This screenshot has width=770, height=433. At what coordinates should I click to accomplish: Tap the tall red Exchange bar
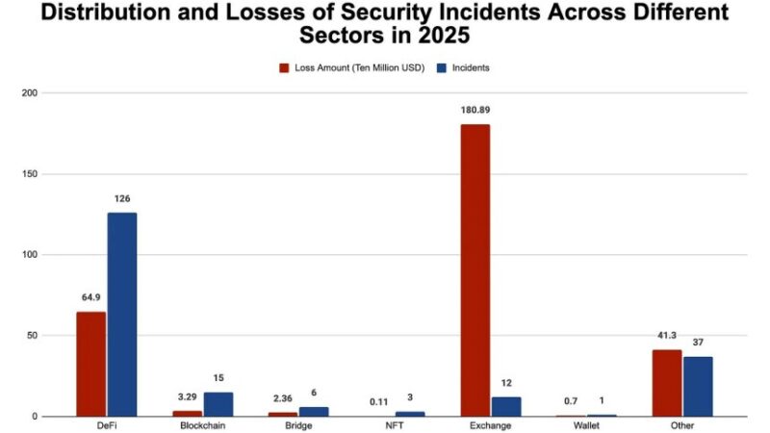coord(475,270)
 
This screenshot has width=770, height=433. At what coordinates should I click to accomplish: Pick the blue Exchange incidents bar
coord(505,406)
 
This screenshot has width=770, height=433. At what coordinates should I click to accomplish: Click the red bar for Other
coord(666,383)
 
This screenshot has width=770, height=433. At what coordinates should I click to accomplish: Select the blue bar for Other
coord(698,386)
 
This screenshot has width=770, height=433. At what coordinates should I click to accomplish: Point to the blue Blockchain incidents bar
coord(218,404)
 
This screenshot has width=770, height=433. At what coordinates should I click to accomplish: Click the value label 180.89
coord(475,110)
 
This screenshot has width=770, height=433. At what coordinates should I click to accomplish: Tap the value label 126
coord(122,198)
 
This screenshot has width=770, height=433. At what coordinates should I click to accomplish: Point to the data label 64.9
coord(91,297)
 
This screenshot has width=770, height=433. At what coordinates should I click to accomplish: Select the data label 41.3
coord(667,334)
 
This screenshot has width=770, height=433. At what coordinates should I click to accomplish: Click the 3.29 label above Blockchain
coord(188,395)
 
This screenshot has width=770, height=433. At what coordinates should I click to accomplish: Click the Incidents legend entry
coord(464,68)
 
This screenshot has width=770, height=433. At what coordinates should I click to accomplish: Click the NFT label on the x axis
coord(394,425)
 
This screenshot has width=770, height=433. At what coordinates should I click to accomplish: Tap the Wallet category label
coord(586,425)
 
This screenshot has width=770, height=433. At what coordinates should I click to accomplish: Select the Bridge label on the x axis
coord(298,425)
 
